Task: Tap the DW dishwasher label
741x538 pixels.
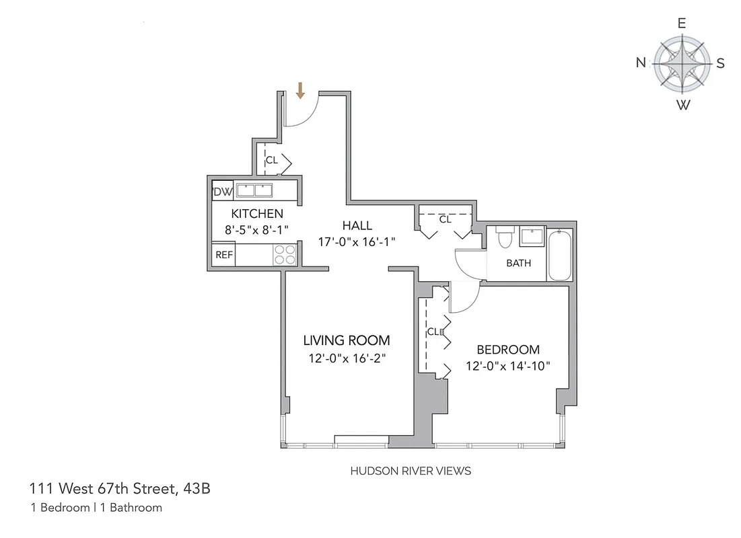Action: pos(223,192)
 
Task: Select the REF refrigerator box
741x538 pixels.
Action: pos(223,255)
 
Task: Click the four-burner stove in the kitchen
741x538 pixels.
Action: pos(285,254)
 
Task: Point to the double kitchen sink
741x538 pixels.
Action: pos(254,190)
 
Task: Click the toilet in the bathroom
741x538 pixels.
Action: pos(503,237)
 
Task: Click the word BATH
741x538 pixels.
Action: pos(518,263)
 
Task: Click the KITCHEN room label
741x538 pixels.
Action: pos(256,214)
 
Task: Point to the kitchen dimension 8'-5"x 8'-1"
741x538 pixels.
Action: pos(256,229)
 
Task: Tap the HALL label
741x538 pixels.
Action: pos(356,225)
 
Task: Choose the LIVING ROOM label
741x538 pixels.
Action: pos(346,340)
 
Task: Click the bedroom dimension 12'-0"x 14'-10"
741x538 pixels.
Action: pos(508,367)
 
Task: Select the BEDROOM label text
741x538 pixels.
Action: pos(508,350)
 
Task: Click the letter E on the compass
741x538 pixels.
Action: pos(682,23)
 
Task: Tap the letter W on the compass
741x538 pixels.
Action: pos(682,105)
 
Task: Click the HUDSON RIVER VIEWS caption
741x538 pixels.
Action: pos(411,471)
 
